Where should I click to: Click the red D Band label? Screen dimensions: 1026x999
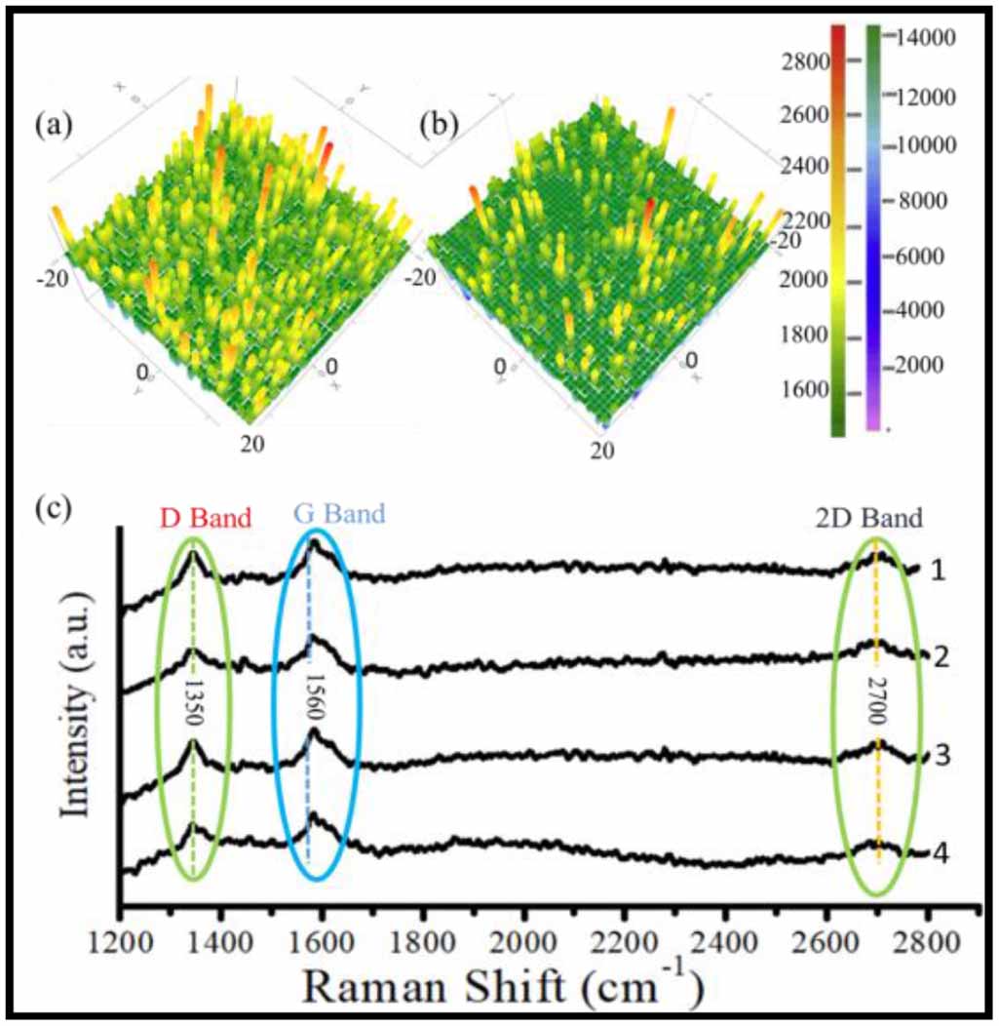[207, 516]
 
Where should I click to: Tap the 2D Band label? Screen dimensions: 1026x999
[869, 518]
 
